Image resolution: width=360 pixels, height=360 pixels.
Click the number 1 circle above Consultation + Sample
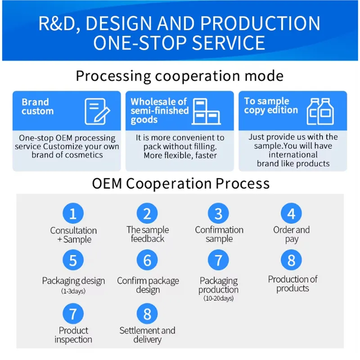(73, 213)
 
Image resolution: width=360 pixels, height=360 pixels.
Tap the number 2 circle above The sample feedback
(147, 213)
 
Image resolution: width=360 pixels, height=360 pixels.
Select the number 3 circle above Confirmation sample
(218, 213)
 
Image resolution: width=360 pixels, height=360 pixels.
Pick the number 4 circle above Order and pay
(291, 213)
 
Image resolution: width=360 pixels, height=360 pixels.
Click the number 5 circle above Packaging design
(73, 260)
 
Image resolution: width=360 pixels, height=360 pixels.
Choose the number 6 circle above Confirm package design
(147, 260)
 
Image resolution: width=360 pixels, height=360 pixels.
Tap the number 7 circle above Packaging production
(218, 260)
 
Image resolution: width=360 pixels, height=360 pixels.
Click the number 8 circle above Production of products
(291, 260)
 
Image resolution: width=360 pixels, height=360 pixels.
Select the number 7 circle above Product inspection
(73, 314)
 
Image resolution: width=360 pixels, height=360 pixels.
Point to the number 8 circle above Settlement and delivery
(147, 314)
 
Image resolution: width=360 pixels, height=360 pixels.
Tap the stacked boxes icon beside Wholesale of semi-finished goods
(206, 112)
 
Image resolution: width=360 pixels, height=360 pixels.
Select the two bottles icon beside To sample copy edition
(320, 112)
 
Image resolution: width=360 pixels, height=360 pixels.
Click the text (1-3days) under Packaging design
(73, 291)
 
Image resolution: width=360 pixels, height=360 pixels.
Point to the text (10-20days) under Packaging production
(218, 298)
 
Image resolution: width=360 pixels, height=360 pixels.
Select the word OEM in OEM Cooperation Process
(107, 184)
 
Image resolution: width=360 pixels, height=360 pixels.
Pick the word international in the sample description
(293, 154)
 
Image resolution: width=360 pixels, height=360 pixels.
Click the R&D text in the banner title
(59, 23)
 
